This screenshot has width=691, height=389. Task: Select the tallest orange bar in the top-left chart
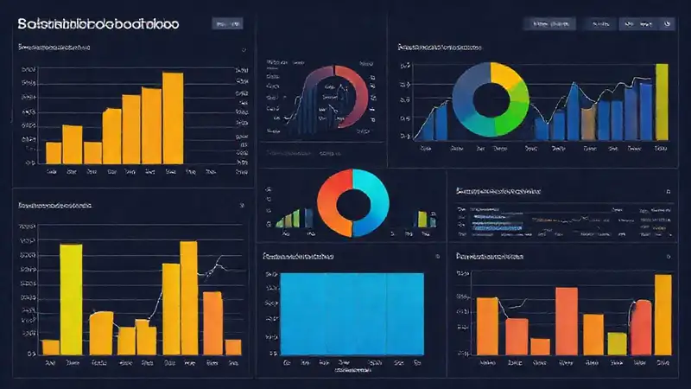tap(173, 117)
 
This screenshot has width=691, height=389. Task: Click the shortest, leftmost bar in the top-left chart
tap(54, 153)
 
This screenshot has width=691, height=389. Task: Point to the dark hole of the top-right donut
tap(489, 99)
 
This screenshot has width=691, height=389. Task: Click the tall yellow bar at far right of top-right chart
tap(662, 101)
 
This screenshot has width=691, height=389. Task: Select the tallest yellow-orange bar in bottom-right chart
tap(662, 315)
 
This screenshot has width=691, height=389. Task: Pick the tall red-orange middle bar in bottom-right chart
tap(566, 321)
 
